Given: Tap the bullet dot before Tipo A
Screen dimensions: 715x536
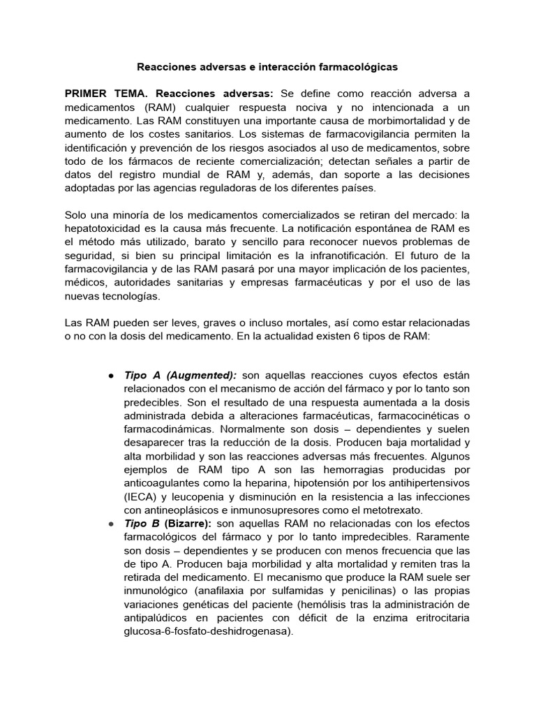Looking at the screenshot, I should point(111,376).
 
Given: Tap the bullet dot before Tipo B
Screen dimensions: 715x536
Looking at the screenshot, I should point(111,522).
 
